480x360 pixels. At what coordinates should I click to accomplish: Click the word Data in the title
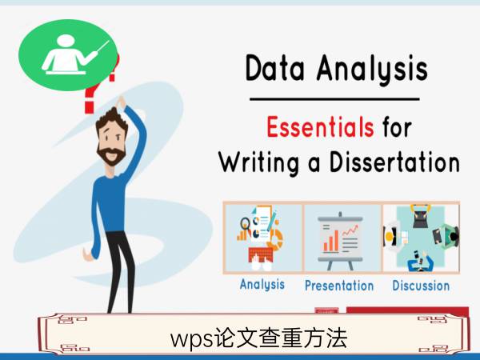(x=275, y=68)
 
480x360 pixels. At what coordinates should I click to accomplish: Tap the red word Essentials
(x=320, y=126)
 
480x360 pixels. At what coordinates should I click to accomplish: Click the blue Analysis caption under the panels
(x=262, y=285)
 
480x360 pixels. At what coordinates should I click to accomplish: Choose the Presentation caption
(x=339, y=286)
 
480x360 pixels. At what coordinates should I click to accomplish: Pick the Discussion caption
(x=421, y=286)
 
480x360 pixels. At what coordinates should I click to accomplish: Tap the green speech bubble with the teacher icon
(x=68, y=55)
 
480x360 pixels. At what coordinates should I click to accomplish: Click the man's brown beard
(x=111, y=155)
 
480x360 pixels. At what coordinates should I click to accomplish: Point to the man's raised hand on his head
(x=122, y=102)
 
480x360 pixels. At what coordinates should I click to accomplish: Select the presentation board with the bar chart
(x=340, y=241)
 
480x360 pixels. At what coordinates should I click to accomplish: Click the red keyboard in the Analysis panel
(x=261, y=255)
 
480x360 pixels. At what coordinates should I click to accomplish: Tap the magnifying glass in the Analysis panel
(x=245, y=224)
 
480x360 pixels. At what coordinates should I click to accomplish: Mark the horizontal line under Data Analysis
(x=334, y=99)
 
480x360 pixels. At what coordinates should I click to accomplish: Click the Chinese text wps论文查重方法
(x=258, y=338)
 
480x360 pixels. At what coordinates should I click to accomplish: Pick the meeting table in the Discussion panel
(x=420, y=236)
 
